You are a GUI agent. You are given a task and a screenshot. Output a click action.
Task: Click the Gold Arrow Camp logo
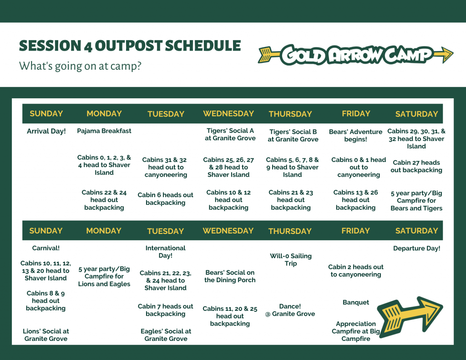(x=355, y=55)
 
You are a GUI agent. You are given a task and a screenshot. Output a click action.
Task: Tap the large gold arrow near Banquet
(x=410, y=316)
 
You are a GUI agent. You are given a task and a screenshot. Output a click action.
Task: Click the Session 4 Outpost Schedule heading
(x=130, y=46)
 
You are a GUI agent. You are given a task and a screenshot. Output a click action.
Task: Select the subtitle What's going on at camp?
(x=80, y=66)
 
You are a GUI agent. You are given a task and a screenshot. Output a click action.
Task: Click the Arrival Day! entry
(x=46, y=131)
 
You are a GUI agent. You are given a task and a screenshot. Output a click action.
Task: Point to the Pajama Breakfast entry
(x=104, y=131)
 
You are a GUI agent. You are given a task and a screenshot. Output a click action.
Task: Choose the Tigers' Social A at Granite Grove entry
(x=230, y=134)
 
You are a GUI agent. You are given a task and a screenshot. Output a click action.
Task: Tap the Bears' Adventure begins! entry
(x=355, y=135)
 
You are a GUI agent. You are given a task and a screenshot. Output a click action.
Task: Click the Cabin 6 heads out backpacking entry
(x=166, y=198)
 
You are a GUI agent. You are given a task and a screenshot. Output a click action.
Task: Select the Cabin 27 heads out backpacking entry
(x=416, y=166)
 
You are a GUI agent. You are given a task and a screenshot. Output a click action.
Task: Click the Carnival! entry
(x=46, y=248)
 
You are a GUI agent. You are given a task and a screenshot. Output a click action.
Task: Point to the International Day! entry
(x=166, y=252)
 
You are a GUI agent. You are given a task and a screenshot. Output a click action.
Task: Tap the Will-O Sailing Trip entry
(x=291, y=259)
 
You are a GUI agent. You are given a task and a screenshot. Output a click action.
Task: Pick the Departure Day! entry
(x=417, y=248)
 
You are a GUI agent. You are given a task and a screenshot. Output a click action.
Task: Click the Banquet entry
(x=356, y=302)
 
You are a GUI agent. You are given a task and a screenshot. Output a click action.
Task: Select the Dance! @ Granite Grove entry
(x=290, y=310)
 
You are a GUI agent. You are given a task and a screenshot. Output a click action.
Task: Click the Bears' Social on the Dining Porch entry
(x=230, y=276)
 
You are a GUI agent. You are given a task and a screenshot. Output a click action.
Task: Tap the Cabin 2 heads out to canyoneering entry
(x=356, y=270)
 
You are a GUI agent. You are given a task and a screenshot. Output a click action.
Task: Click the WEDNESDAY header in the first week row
(x=228, y=114)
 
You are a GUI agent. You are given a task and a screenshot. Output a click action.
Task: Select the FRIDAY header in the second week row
(x=355, y=231)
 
